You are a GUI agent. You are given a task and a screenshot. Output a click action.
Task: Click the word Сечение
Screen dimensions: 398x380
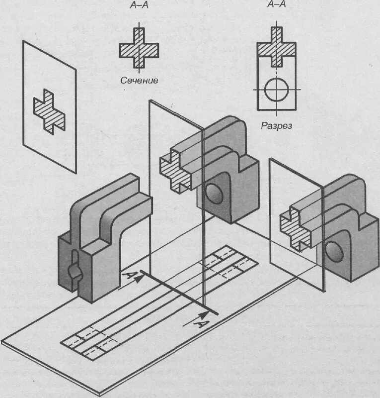tap(139, 80)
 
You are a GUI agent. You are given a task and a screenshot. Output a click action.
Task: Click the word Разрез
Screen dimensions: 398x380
tap(277, 126)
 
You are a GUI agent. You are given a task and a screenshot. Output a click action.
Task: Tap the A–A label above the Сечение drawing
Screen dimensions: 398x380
tap(139, 5)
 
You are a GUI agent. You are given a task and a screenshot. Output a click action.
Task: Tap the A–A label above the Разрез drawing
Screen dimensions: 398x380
tap(276, 5)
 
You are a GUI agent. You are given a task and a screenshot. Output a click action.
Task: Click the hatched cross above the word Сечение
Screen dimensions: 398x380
tap(139, 49)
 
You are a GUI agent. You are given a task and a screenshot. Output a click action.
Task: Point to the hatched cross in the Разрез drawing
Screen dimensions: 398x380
tap(277, 48)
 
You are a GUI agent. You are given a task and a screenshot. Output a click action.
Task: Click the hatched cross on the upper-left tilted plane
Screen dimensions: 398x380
tap(49, 112)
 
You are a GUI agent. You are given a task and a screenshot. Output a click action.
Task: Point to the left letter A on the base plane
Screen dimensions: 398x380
tap(128, 275)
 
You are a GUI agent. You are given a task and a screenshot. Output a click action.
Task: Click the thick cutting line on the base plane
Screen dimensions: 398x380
tap(179, 293)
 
